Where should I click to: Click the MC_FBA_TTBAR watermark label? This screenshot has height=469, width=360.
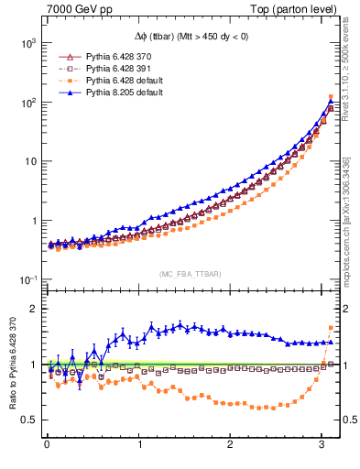[x=190, y=275]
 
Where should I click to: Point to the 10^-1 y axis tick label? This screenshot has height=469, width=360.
[x=26, y=279]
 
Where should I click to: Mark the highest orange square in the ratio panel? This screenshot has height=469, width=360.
[x=331, y=328]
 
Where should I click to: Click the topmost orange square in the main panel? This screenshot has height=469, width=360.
[x=331, y=96]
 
